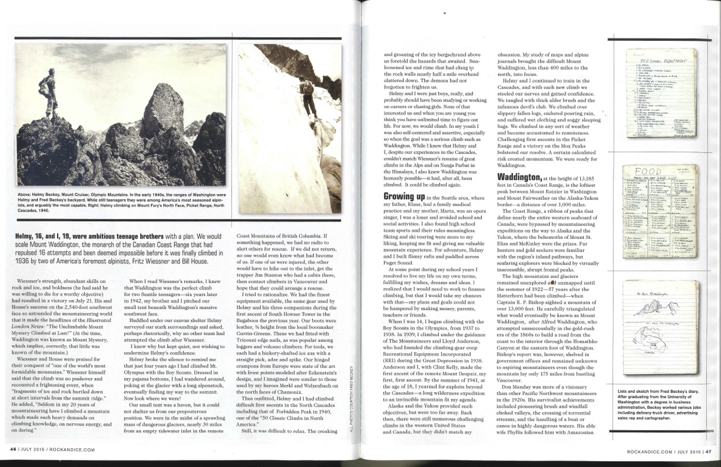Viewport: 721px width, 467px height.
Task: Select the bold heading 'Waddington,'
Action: tap(521, 176)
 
